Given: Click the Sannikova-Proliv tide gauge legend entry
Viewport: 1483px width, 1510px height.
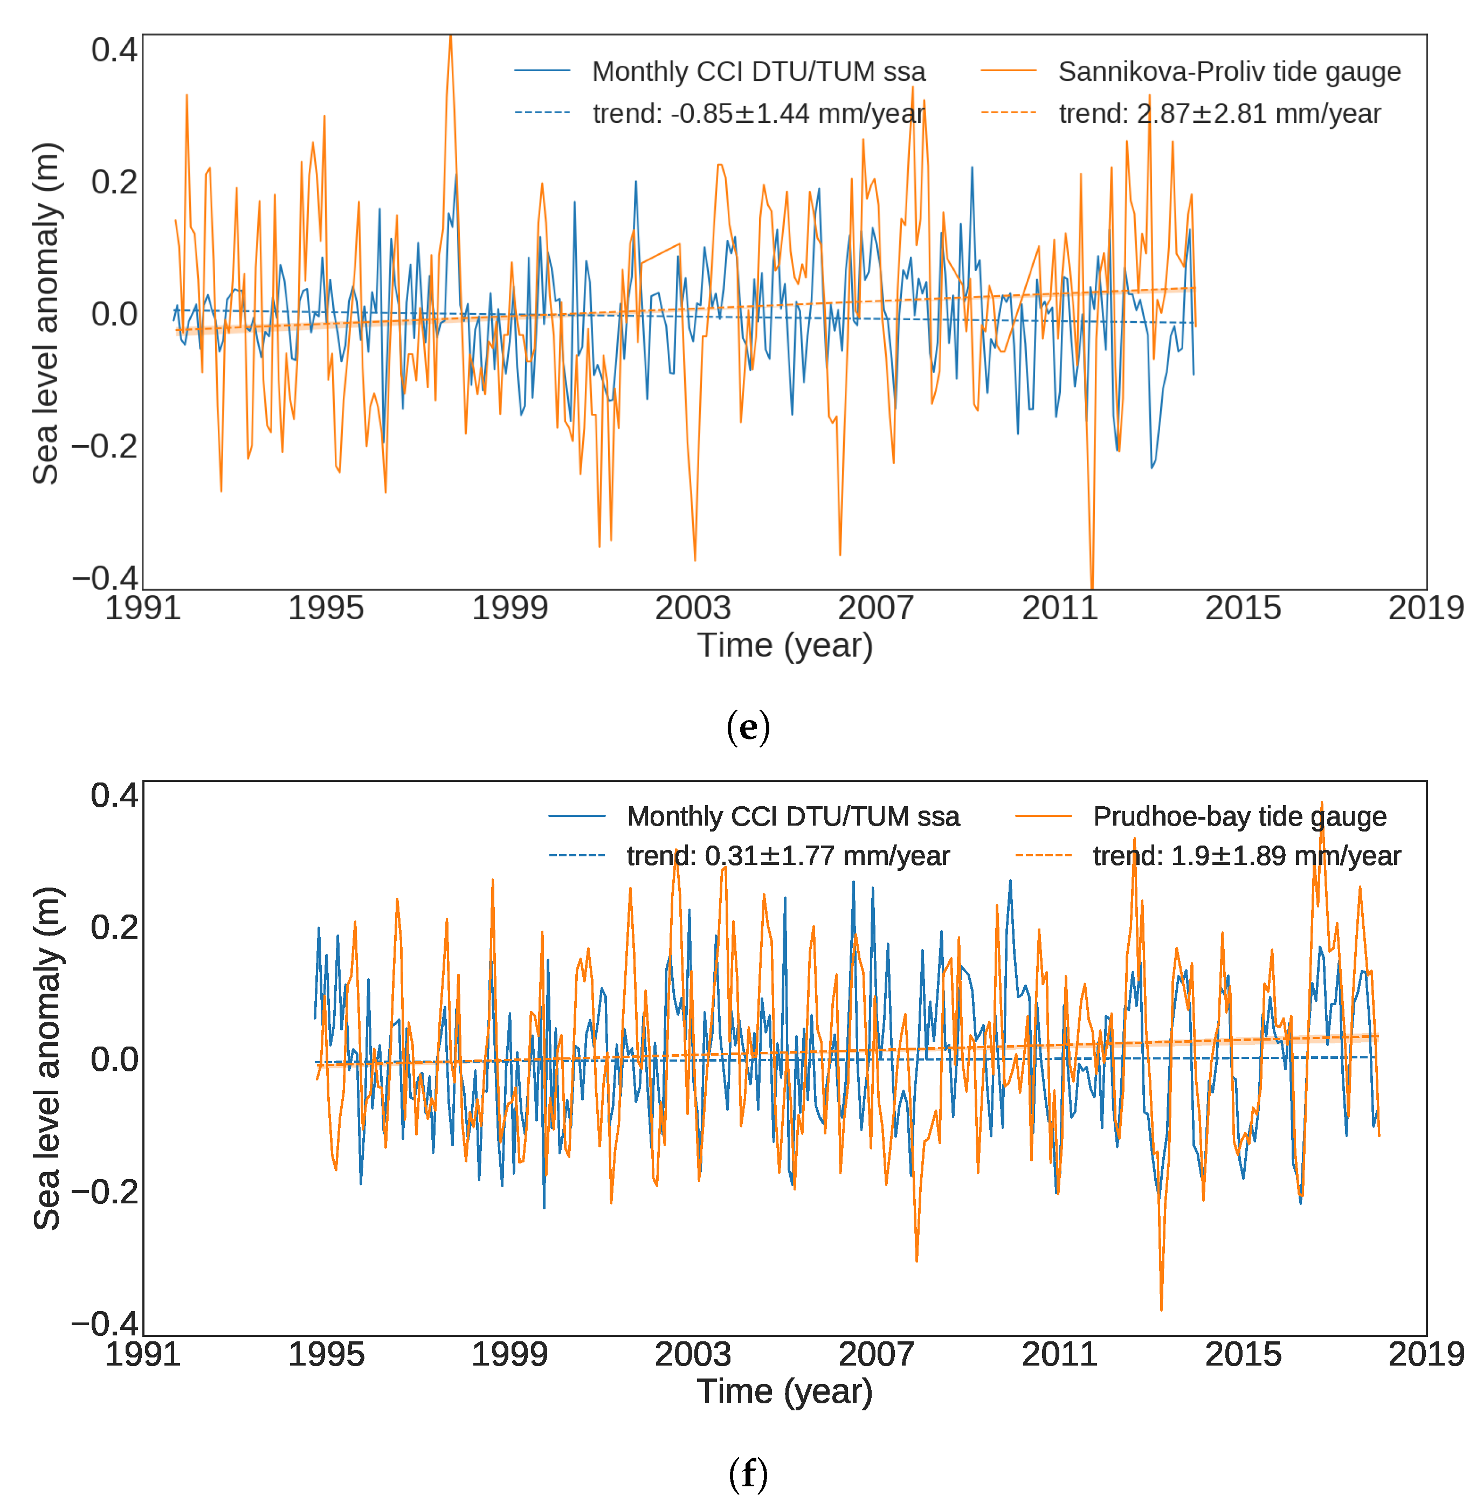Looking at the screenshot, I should (1229, 72).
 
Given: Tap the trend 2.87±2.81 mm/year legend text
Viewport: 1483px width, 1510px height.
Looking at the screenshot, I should (1219, 114).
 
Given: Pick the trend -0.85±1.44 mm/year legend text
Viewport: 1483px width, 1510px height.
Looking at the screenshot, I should (758, 114).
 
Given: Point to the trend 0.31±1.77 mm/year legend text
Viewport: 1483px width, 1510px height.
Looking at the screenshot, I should (788, 856).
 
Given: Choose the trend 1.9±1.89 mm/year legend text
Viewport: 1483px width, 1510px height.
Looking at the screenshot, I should (1246, 856).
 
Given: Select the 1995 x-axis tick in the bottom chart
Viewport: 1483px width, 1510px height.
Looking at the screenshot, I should (326, 1354).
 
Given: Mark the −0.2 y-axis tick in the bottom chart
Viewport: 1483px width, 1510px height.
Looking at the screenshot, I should (105, 1192).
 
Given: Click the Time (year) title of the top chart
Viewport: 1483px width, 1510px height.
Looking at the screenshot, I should (784, 646).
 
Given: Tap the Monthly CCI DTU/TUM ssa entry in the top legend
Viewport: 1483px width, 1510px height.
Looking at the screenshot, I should (758, 72).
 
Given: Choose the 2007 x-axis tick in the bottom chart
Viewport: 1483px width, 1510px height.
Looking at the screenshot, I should (875, 1354).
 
